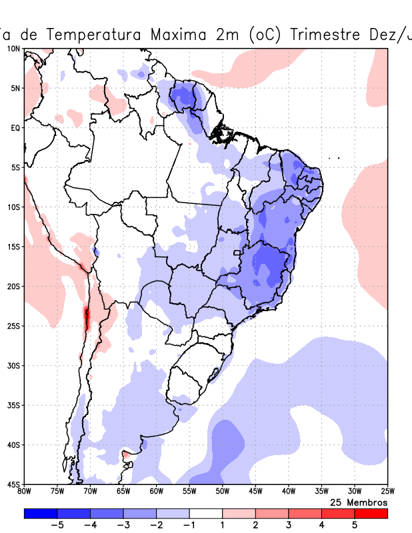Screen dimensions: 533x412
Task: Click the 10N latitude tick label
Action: [13, 49]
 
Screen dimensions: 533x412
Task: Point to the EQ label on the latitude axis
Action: [15, 127]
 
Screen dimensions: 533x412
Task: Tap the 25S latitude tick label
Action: [13, 326]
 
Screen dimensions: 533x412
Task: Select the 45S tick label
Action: [13, 484]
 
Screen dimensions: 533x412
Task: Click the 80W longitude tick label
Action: [24, 492]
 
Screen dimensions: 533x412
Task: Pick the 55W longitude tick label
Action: [189, 492]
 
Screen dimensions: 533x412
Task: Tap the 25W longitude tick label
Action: [387, 492]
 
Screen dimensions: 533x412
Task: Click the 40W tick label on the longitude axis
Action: [289, 492]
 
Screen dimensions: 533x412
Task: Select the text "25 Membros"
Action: [359, 502]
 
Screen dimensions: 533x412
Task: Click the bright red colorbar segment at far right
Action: [371, 514]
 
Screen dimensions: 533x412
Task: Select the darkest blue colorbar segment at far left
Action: [40, 514]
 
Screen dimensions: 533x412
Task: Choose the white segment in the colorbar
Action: [205, 514]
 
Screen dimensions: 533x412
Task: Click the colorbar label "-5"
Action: [57, 526]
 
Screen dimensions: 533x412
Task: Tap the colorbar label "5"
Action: [355, 526]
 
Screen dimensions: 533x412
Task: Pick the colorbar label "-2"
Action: [156, 526]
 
